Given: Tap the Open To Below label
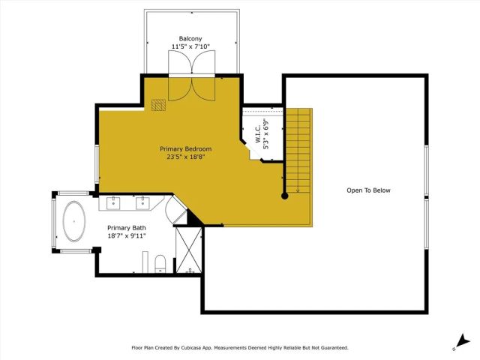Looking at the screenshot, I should (x=368, y=190).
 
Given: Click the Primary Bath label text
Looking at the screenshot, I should (x=126, y=228).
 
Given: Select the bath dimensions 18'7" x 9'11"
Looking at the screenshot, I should (x=126, y=236).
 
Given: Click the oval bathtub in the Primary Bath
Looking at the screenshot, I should (x=73, y=221).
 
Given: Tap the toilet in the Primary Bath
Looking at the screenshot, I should (x=160, y=262).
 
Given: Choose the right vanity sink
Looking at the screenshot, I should (x=142, y=202).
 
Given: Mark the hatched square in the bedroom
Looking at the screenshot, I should (x=158, y=105).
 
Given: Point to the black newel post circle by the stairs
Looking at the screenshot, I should (x=285, y=196).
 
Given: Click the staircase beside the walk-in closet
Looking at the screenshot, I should (x=299, y=150).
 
